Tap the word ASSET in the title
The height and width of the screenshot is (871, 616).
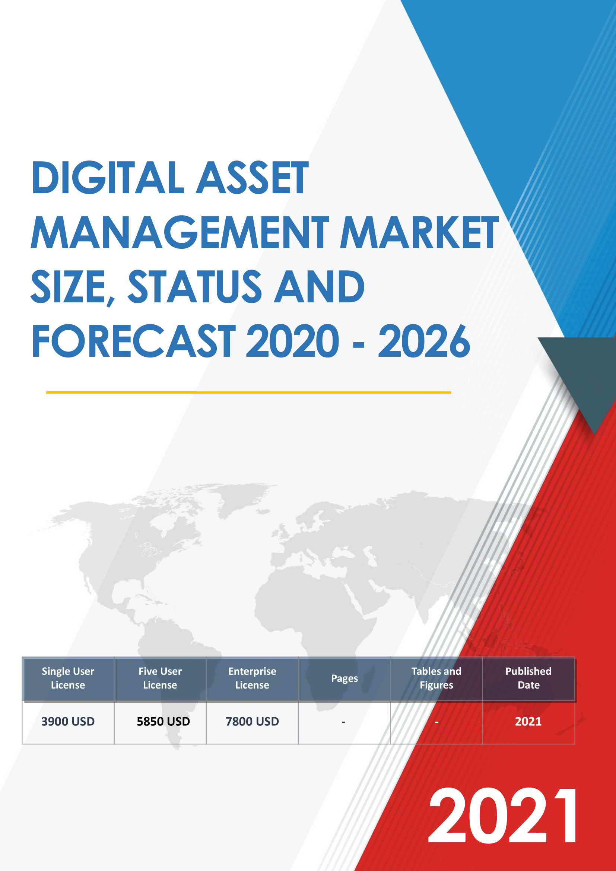253,178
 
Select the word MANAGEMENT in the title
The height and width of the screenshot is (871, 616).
180,232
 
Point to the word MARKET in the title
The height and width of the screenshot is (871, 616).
419,232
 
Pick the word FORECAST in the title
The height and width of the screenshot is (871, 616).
134,341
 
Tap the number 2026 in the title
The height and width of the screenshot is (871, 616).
424,341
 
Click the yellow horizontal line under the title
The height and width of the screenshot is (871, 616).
248,392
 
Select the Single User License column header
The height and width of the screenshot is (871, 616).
68,678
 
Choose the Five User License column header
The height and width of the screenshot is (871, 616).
160,678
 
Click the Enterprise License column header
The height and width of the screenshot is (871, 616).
252,678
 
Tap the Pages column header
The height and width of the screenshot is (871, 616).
344,678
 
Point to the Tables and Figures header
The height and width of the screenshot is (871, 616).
436,678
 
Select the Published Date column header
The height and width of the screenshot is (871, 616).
528,678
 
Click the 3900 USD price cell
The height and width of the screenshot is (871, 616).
68,721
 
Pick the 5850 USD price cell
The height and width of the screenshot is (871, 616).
163,721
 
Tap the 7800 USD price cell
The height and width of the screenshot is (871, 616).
252,721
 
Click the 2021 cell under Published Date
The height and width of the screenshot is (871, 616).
528,721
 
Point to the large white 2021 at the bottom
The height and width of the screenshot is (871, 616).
503,815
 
